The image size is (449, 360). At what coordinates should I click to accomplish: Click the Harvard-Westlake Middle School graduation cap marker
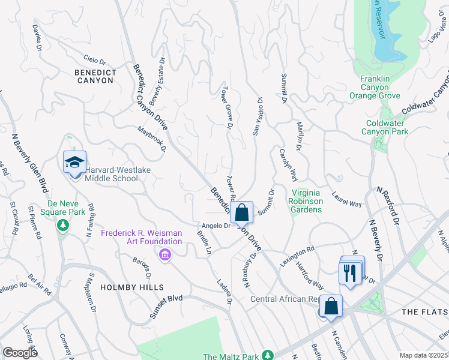(x=75, y=163)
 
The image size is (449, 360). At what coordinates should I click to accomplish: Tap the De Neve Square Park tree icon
(x=61, y=225)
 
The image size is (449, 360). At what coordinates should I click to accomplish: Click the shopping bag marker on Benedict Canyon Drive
(x=241, y=213)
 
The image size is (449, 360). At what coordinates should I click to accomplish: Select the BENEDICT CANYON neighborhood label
(x=95, y=76)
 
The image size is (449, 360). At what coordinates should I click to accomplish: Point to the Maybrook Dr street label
(x=151, y=139)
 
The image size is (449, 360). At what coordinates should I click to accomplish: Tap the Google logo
(x=20, y=353)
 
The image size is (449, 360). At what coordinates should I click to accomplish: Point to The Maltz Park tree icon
(x=267, y=356)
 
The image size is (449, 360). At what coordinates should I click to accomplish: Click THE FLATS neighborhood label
(x=424, y=312)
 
